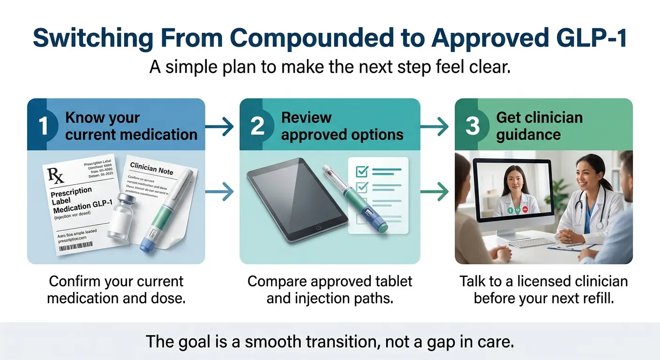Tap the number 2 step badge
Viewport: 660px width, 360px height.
(x=257, y=125)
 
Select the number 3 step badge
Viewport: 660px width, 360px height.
(x=472, y=125)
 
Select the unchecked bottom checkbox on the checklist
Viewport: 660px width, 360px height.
(x=361, y=219)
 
